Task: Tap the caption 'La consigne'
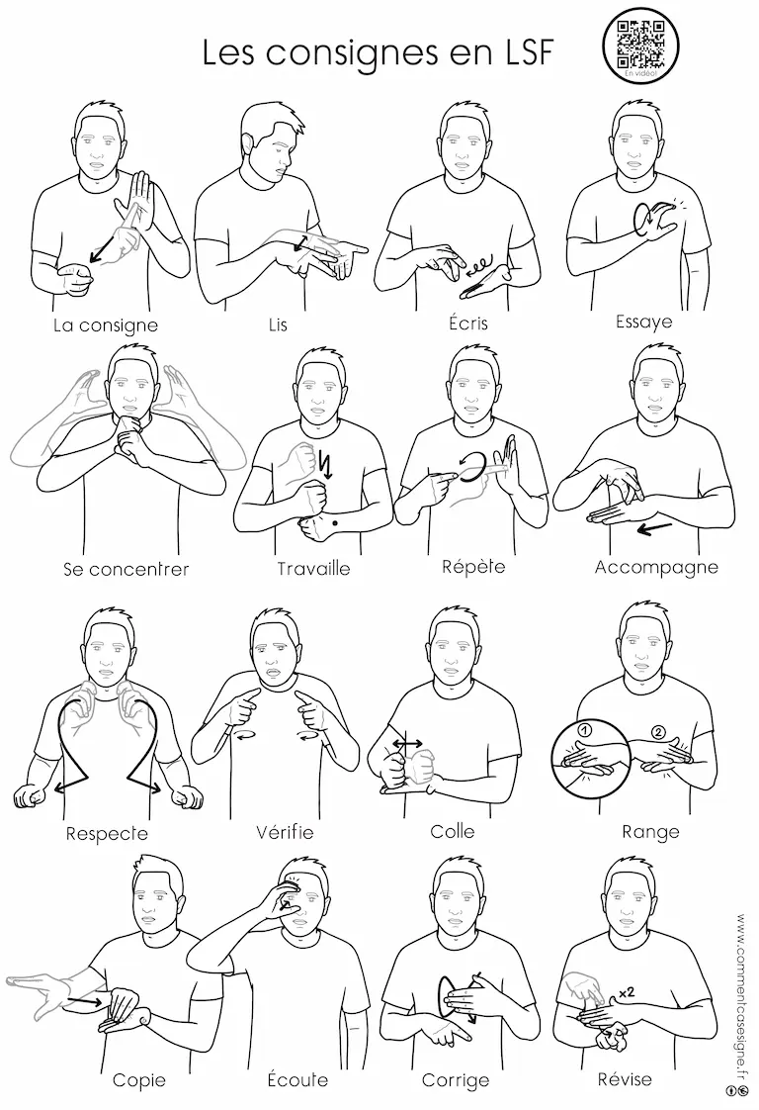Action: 106,325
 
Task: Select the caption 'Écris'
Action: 468,323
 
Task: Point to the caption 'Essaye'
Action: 643,323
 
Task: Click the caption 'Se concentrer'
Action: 126,569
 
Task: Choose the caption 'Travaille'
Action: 314,569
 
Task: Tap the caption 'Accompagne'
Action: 656,568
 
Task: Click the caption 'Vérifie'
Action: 285,831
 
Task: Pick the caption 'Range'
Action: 650,832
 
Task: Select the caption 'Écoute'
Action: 297,1079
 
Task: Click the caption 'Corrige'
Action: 456,1080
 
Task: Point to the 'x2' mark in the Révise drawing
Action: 626,992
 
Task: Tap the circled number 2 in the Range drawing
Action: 658,733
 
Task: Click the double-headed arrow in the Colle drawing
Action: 408,743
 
